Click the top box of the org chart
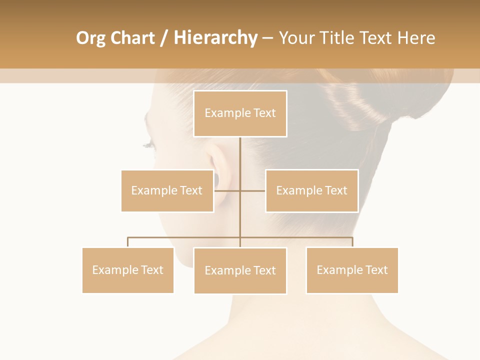pyautogui.click(x=240, y=113)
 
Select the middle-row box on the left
pyautogui.click(x=167, y=190)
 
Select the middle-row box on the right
pyautogui.click(x=311, y=190)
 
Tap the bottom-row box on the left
pyautogui.click(x=127, y=270)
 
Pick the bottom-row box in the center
pyautogui.click(x=240, y=270)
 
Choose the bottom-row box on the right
pyautogui.click(x=352, y=270)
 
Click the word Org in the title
pyautogui.click(x=90, y=38)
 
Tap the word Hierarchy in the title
pyautogui.click(x=215, y=38)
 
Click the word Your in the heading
pyautogui.click(x=296, y=38)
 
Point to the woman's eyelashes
pyautogui.click(x=149, y=145)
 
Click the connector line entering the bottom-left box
pyautogui.click(x=127, y=242)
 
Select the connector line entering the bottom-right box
pyautogui.click(x=352, y=242)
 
